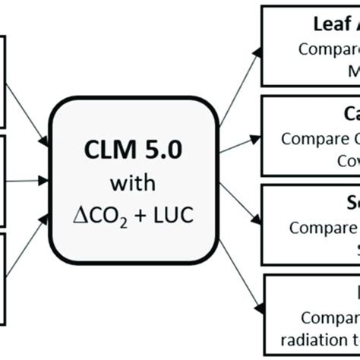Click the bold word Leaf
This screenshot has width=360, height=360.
click(x=328, y=24)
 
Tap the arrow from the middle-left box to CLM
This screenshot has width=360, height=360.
click(x=27, y=182)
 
